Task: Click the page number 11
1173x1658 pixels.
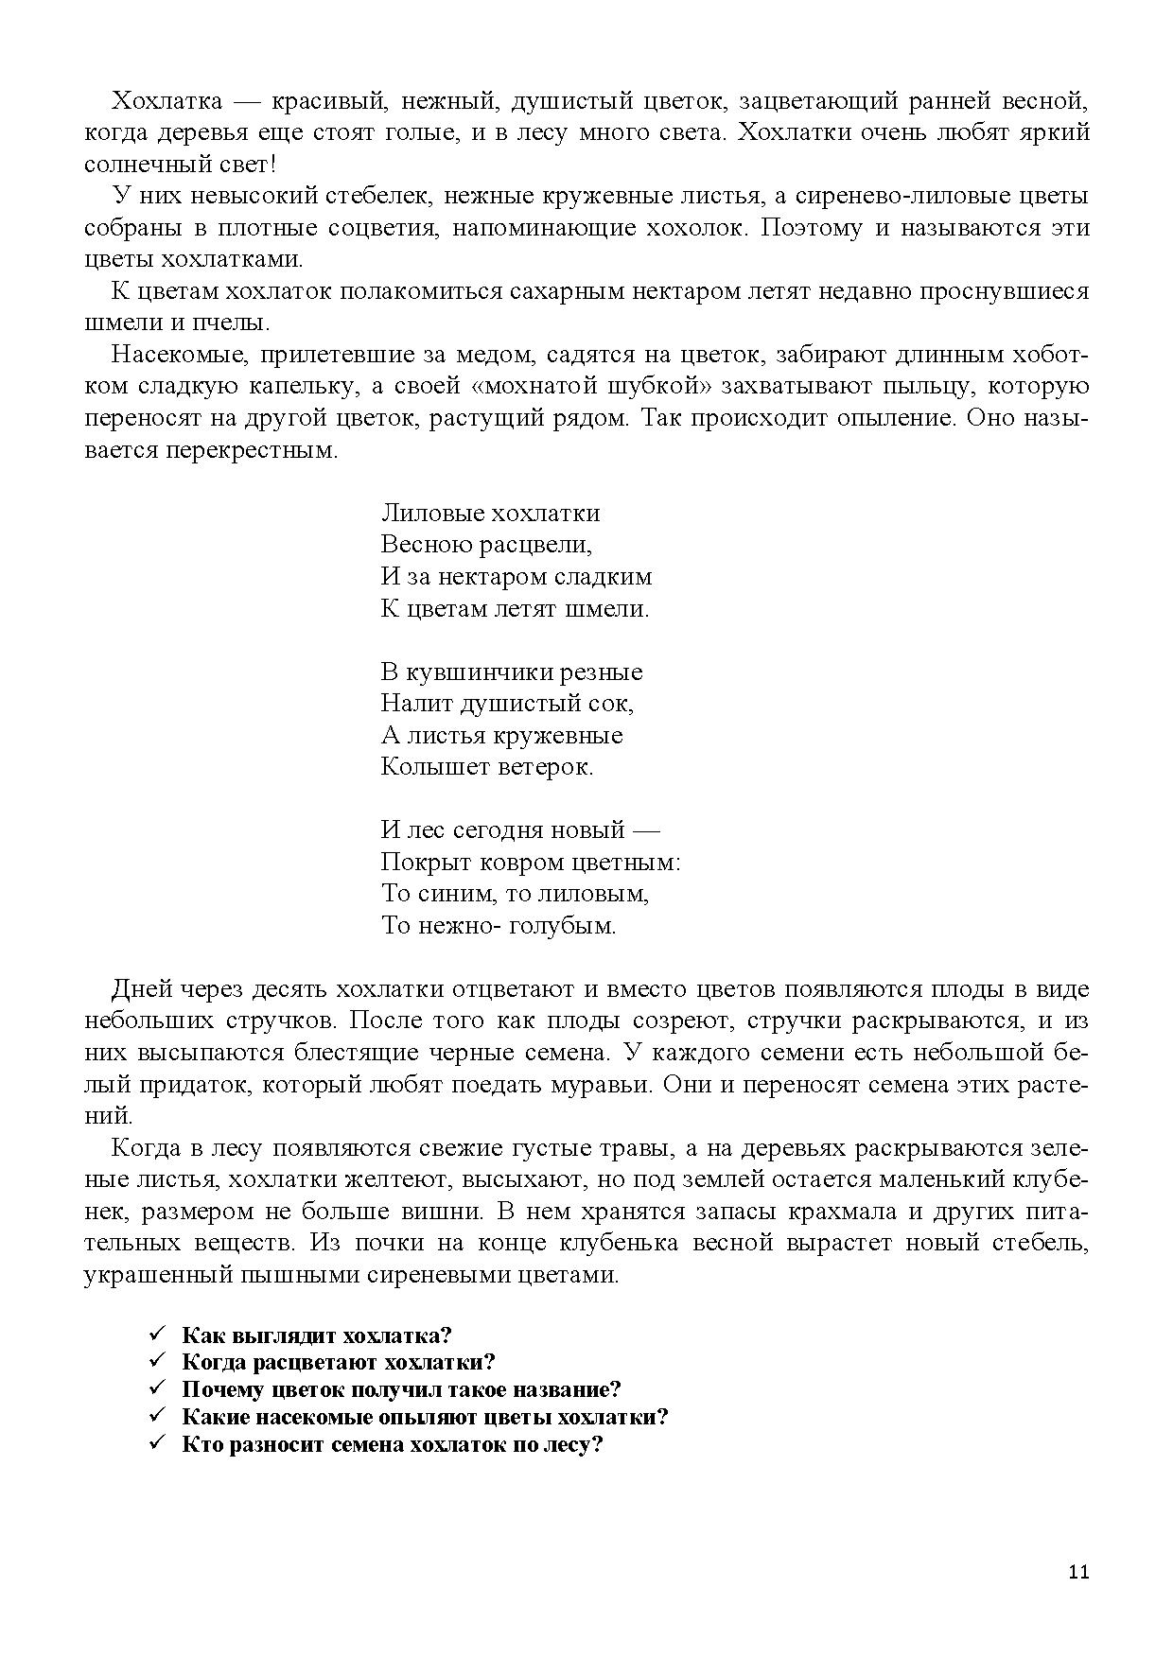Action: click(1078, 1572)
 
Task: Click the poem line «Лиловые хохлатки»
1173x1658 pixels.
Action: click(490, 514)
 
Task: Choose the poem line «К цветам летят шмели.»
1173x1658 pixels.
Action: click(515, 608)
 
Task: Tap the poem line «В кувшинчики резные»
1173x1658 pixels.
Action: click(511, 672)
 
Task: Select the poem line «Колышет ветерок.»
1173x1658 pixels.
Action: click(486, 766)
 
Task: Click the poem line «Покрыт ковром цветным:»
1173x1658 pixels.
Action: click(531, 863)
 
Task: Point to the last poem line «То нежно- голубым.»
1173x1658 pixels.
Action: click(498, 925)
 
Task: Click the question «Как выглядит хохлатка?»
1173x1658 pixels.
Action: click(316, 1335)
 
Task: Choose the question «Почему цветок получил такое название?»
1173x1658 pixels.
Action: click(401, 1389)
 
